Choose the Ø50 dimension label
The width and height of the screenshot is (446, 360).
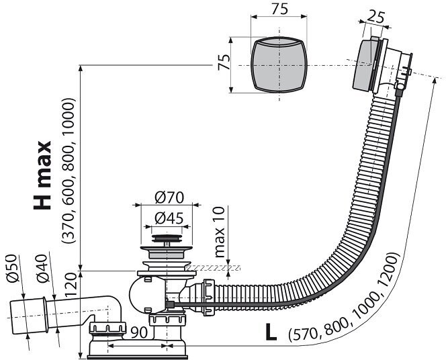tap(14, 269)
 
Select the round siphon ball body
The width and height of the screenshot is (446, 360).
tap(143, 294)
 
